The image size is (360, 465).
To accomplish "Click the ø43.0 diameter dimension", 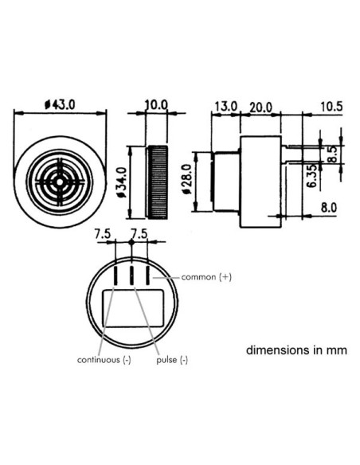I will [60, 104].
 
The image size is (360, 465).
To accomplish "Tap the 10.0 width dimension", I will [157, 104].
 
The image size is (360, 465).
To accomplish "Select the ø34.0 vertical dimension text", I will [122, 182].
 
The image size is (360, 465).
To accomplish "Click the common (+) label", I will [206, 277].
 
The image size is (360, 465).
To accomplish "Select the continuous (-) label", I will [104, 360].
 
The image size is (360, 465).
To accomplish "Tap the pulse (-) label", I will [173, 360].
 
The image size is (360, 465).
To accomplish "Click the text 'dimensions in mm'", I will [296, 349].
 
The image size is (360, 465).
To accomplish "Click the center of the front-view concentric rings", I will [61, 182].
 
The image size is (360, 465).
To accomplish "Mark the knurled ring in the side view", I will [157, 182].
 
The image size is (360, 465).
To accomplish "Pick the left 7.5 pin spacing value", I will [102, 235].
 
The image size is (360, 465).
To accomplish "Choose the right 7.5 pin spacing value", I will [139, 235].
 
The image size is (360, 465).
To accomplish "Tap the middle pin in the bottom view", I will [131, 275].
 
